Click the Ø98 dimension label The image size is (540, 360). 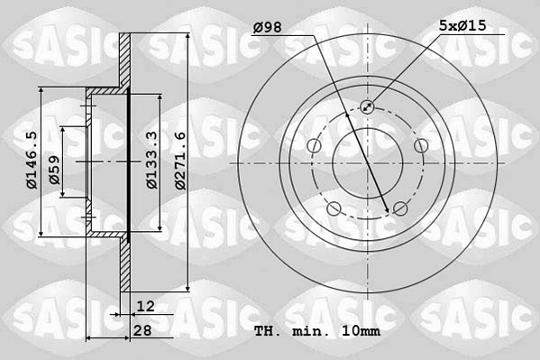268,27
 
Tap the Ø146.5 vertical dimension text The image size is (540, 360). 31,161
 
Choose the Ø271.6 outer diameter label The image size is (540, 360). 180,161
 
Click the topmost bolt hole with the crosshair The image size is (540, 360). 367,107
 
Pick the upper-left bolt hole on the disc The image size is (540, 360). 314,146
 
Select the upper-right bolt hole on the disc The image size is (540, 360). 420,146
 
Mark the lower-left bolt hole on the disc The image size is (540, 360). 334,209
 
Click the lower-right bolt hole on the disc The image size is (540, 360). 399,209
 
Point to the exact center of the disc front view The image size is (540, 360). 367,163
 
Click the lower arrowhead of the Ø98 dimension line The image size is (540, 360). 388,212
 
